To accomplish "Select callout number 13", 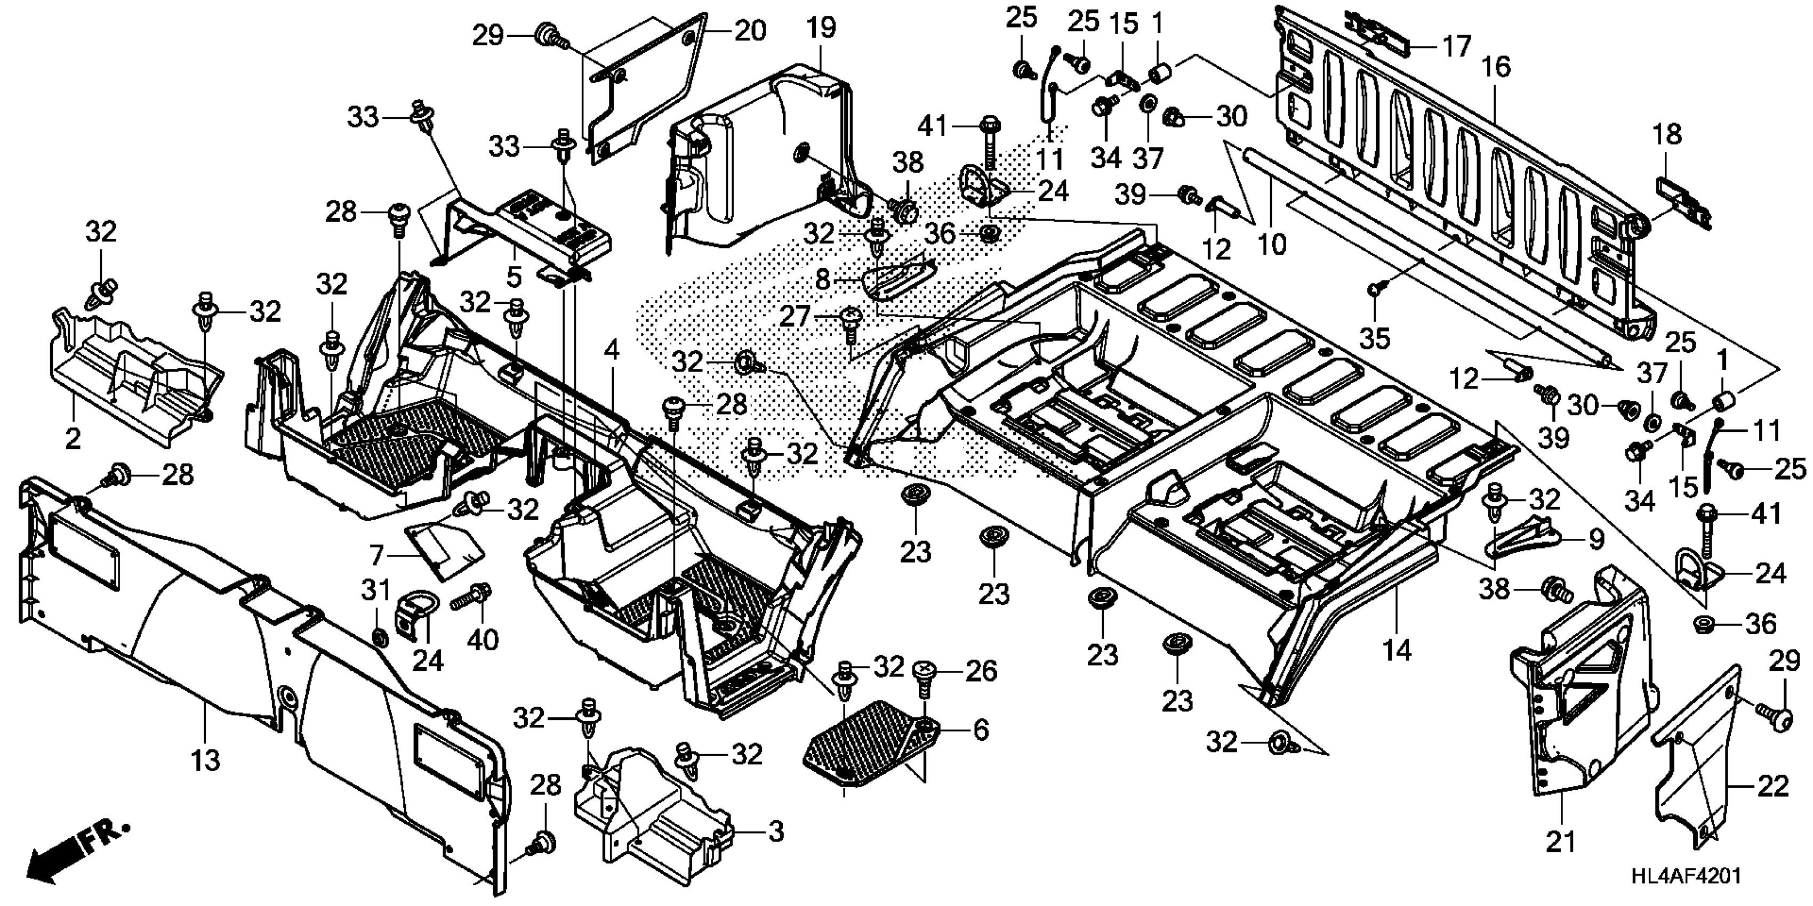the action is (x=205, y=761).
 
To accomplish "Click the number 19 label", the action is (x=821, y=28).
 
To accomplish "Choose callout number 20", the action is (x=750, y=31).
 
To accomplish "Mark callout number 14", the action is (x=1397, y=651).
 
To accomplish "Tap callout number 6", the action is (x=981, y=730).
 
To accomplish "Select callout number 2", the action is (x=73, y=439).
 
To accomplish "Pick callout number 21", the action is (x=1560, y=842).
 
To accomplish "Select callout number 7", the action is (x=376, y=556).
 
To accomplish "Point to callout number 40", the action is (x=483, y=640).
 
